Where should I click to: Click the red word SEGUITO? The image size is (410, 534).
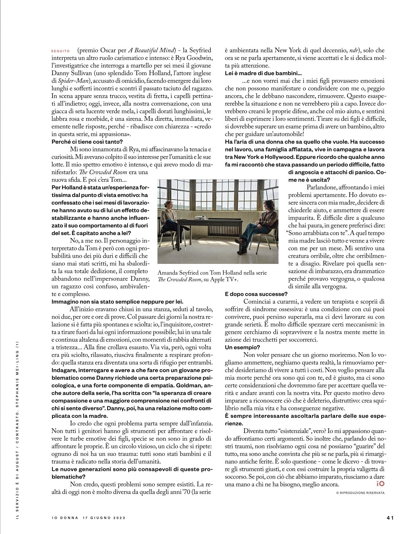60,51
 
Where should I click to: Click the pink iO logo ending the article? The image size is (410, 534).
380,484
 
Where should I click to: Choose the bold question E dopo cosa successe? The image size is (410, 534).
256,294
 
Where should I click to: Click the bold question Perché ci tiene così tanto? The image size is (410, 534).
87,142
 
